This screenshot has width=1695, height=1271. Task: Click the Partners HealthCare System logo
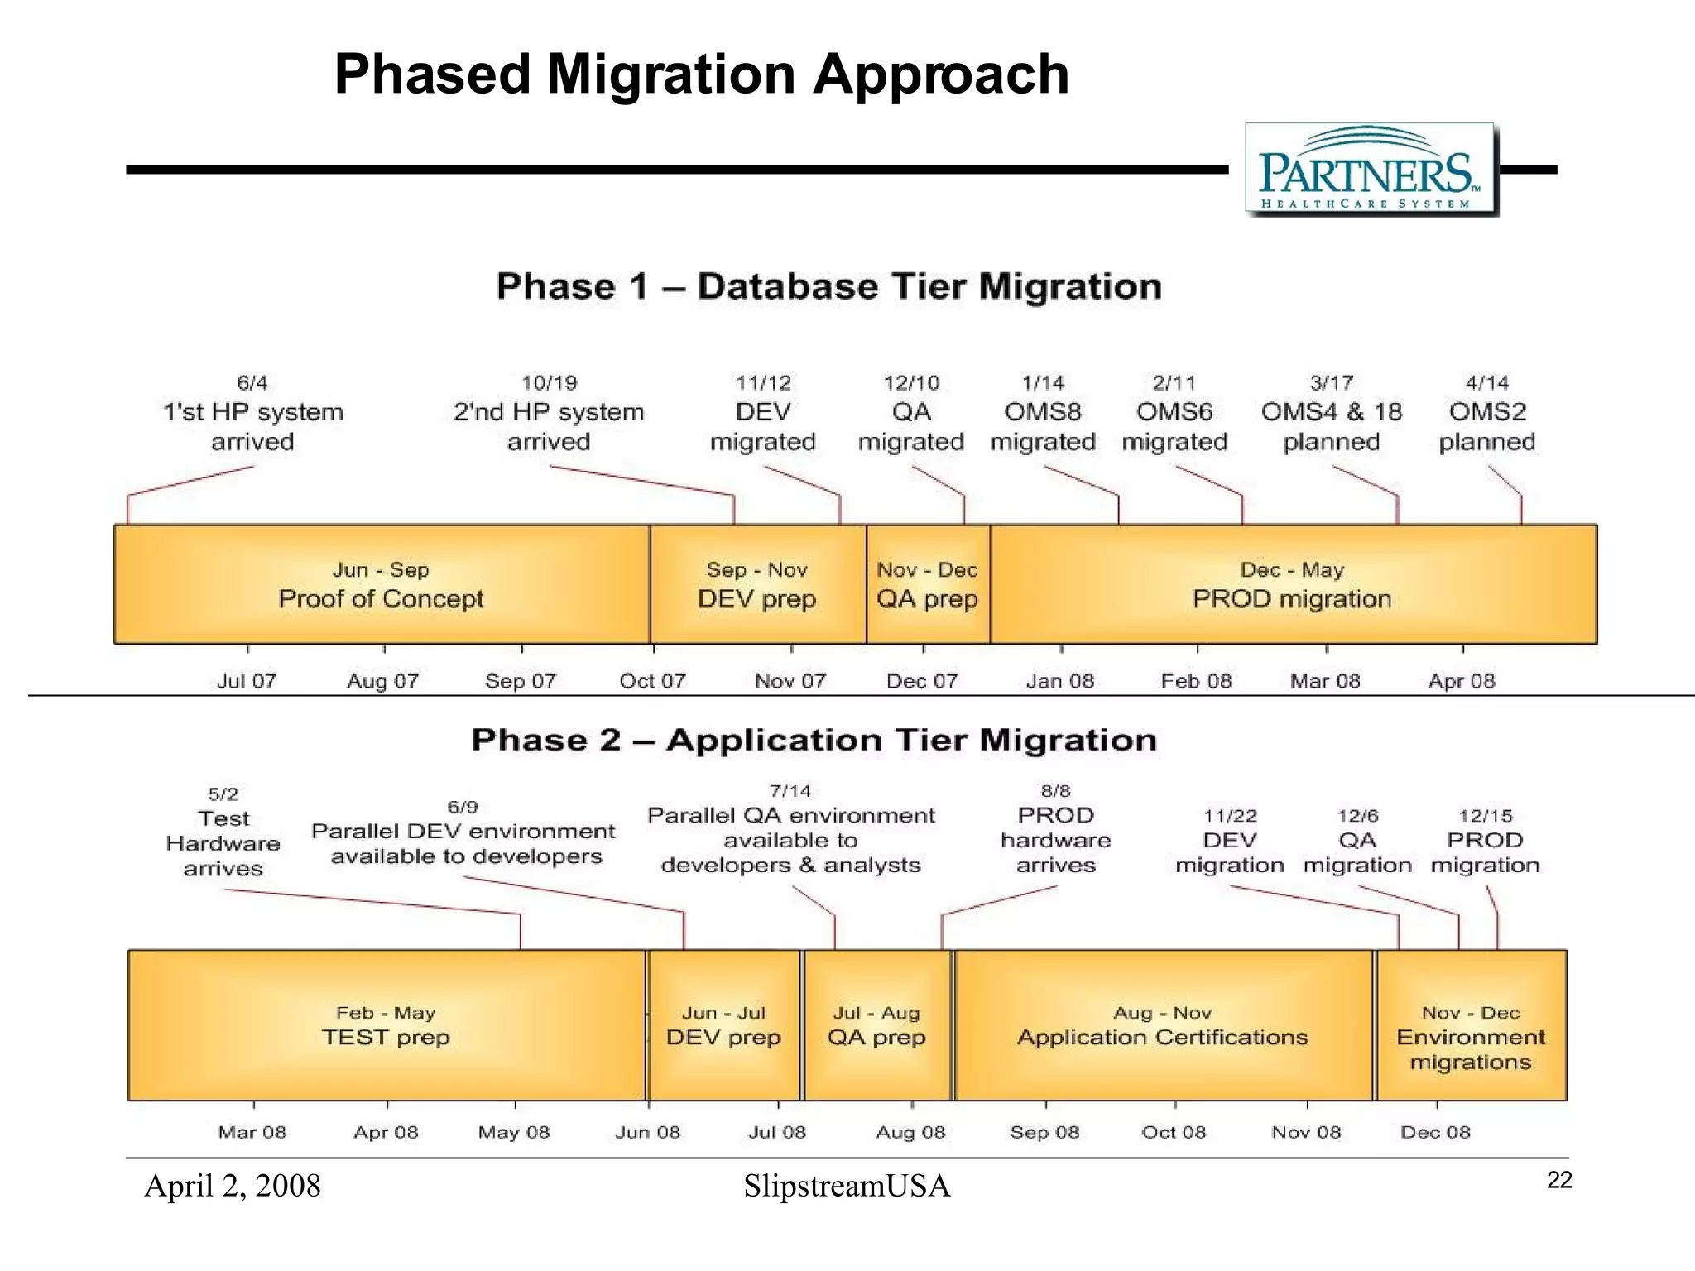click(1371, 170)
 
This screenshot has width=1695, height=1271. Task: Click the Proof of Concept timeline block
click(381, 585)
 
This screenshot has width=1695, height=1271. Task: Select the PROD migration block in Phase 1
click(1292, 585)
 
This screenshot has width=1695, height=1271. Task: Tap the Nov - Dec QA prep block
click(928, 585)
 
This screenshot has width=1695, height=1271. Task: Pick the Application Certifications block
click(1162, 1026)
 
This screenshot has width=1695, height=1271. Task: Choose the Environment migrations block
click(1471, 1038)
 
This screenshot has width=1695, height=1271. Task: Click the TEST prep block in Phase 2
click(386, 1026)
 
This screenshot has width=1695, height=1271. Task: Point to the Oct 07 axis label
click(652, 681)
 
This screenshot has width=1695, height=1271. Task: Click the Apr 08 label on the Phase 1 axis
click(1462, 681)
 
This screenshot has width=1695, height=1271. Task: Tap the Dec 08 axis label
click(1435, 1132)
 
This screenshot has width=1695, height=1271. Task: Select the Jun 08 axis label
click(647, 1132)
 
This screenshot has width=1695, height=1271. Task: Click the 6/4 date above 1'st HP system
click(252, 383)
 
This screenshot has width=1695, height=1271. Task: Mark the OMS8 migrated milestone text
click(1043, 426)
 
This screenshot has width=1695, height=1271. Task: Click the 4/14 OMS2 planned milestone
click(1487, 414)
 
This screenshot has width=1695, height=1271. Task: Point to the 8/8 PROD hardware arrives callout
click(1056, 829)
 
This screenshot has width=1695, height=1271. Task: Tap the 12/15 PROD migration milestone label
click(1485, 842)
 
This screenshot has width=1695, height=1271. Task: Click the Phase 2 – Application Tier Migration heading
click(814, 740)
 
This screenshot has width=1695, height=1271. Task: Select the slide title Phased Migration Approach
click(701, 74)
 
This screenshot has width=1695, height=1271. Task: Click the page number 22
click(1559, 1181)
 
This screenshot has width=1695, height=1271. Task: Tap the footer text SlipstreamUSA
click(847, 1187)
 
